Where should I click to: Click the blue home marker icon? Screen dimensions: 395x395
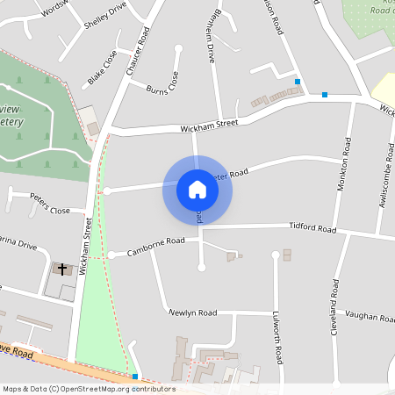(x=197, y=190)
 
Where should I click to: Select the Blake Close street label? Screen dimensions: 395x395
(x=102, y=68)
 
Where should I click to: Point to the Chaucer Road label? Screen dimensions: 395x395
(x=139, y=49)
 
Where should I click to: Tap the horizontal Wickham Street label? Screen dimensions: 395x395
(x=209, y=126)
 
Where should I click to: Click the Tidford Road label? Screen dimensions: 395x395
(x=313, y=228)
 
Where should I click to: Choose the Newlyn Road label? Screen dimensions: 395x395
(x=193, y=312)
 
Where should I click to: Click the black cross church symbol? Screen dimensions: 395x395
(x=61, y=269)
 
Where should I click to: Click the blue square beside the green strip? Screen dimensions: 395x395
(x=134, y=376)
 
